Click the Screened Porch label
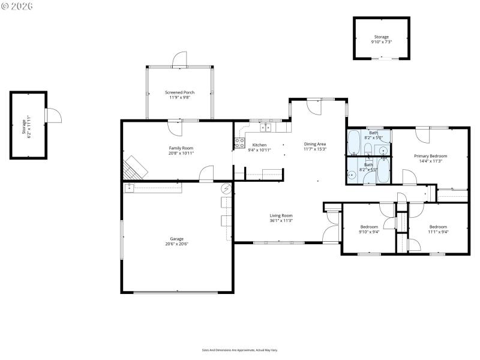click(179, 92)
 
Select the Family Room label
click(181, 148)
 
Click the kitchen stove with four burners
click(239, 143)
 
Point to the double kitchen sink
click(266, 127)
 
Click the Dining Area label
click(315, 144)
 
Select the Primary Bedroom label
click(430, 156)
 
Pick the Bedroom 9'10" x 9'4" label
click(369, 227)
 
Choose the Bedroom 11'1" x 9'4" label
click(438, 227)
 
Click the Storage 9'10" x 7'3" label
click(381, 37)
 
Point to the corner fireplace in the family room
click(134, 167)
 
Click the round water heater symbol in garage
click(226, 188)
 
